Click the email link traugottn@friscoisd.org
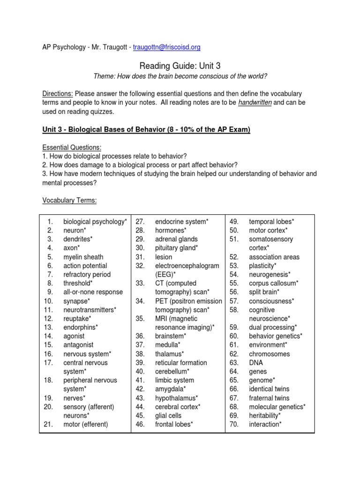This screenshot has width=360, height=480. [167, 47]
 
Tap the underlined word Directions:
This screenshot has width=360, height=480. [57, 93]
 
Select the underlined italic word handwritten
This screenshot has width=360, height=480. [255, 102]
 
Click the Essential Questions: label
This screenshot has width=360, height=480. [71, 147]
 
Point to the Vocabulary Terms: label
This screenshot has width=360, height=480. [69, 200]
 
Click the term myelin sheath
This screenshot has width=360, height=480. [83, 257]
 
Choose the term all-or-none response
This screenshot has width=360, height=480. [93, 292]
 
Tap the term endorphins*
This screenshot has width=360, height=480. [81, 327]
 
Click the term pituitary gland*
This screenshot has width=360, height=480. [176, 248]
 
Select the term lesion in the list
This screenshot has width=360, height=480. [163, 257]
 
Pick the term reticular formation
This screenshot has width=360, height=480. [180, 362]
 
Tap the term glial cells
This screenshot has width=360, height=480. [168, 415]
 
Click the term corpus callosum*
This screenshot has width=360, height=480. [274, 283]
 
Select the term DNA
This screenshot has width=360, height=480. [256, 362]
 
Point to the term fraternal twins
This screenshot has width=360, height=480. [269, 397]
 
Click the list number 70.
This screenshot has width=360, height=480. [234, 424]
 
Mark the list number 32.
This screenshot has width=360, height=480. [140, 266]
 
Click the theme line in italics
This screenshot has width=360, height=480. [180, 76]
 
